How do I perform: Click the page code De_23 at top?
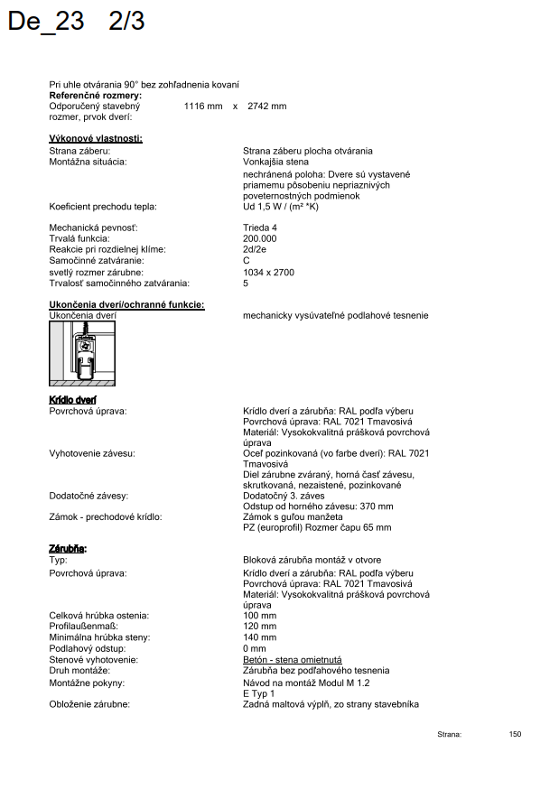point(45,22)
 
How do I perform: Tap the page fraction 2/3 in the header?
point(126,22)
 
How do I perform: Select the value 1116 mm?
point(203,107)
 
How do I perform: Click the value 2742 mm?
point(266,107)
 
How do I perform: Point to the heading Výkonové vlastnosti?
point(96,138)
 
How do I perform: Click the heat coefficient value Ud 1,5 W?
point(280,207)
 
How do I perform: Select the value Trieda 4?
point(260,228)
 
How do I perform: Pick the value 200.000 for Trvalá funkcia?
point(260,238)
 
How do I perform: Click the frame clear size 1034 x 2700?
point(268,272)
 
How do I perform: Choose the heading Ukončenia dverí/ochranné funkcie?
point(126,305)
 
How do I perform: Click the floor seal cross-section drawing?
point(82,353)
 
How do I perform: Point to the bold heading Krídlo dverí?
point(72,400)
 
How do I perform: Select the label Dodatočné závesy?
point(89,496)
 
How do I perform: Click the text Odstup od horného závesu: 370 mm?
point(305,507)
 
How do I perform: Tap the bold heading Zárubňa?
point(68,548)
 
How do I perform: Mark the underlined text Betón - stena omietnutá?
point(293,660)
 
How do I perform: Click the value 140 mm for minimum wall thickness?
point(260,637)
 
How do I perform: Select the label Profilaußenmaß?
point(83,627)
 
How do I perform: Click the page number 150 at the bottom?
point(515,734)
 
